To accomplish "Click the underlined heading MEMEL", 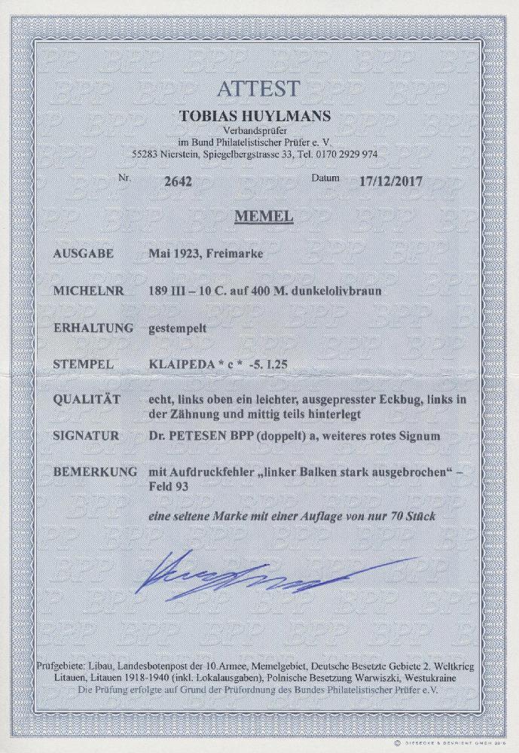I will click(261, 218).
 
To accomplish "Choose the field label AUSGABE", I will click(84, 254).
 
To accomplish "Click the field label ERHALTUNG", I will click(90, 328).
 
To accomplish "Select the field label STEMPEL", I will click(84, 365).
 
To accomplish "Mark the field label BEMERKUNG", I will click(94, 473).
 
